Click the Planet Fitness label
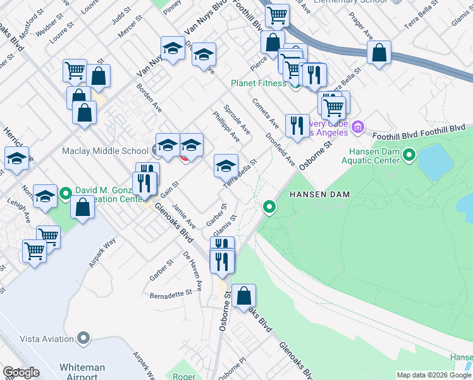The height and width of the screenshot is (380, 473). tap(258, 83)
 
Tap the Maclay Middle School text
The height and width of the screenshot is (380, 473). tap(105, 151)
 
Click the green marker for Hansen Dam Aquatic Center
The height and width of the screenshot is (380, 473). tap(409, 154)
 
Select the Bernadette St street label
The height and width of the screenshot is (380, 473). tap(171, 294)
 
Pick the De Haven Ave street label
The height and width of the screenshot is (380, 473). tap(193, 271)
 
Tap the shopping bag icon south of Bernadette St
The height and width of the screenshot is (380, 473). tap(243, 296)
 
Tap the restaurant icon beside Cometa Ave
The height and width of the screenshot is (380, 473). tap(297, 125)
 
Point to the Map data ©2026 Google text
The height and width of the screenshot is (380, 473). tap(434, 375)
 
